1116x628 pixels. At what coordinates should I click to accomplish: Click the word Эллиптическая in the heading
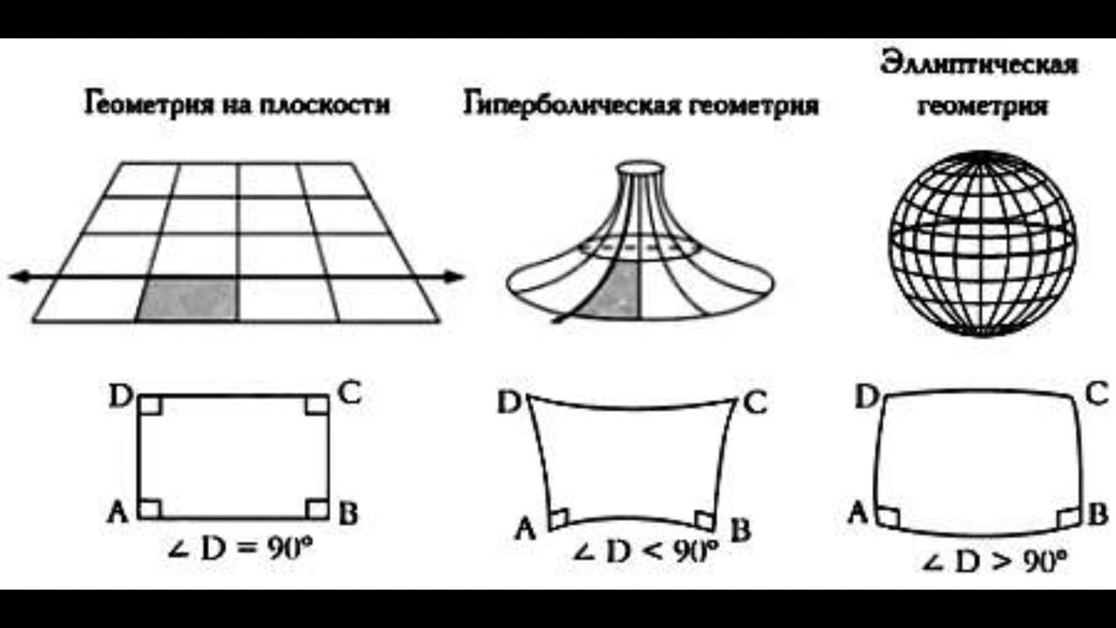(x=979, y=65)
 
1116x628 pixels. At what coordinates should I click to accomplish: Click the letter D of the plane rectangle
(x=119, y=397)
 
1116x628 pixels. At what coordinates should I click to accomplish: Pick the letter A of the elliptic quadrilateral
(x=858, y=513)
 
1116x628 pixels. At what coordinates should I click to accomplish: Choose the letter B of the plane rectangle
(x=348, y=514)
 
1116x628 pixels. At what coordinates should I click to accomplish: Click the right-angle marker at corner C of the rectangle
(x=317, y=406)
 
